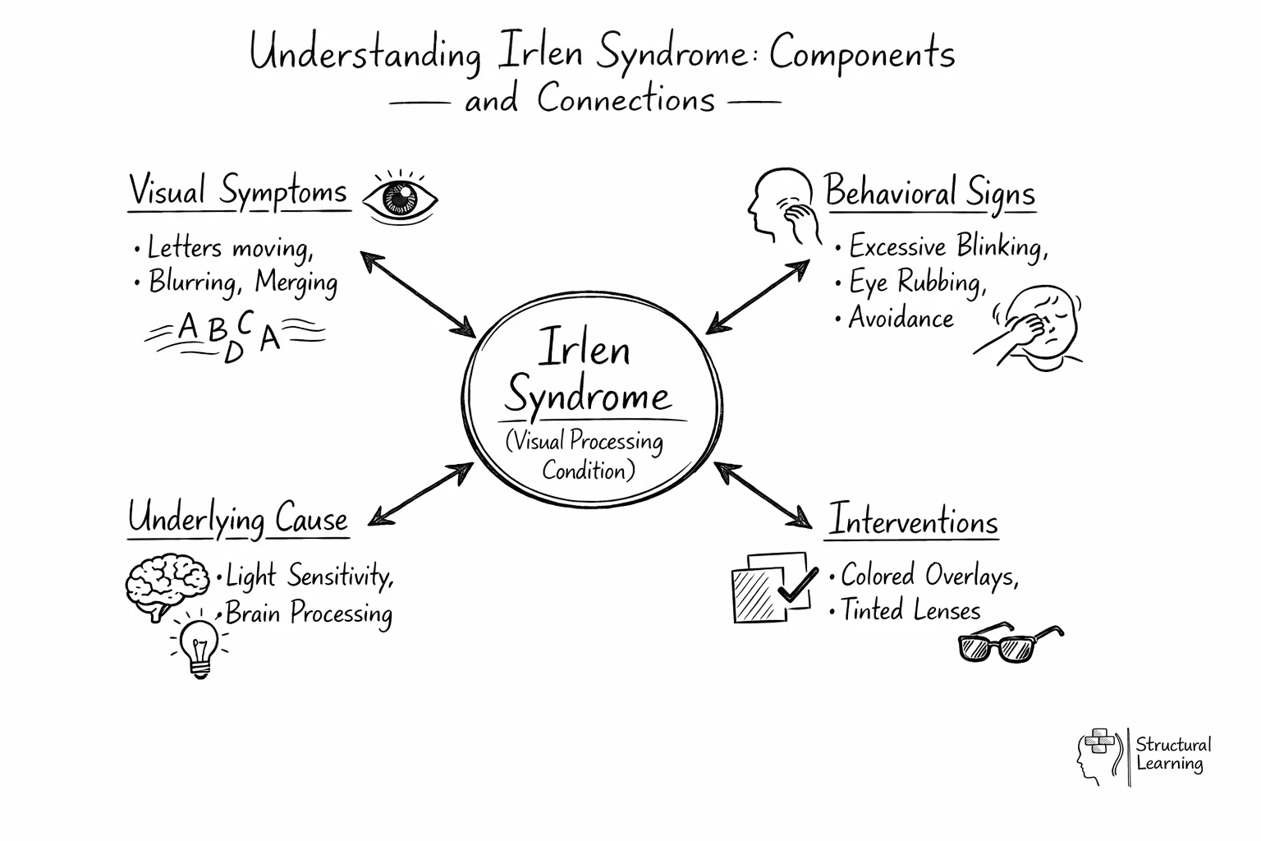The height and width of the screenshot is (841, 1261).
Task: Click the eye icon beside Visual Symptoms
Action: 400,198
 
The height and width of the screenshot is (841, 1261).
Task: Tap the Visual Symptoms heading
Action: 238,192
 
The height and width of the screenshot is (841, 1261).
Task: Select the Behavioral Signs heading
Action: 929,192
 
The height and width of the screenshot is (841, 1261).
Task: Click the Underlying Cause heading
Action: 238,519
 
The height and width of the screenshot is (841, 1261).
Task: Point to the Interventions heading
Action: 912,522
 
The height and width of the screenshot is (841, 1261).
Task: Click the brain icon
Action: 167,586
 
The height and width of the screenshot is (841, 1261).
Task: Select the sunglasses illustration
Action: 1009,645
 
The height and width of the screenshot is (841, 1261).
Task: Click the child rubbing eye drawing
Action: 1033,329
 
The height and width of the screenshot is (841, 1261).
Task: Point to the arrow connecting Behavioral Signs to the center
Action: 758,296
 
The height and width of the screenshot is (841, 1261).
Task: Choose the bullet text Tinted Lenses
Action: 910,610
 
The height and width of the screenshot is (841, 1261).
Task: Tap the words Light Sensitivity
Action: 309,576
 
